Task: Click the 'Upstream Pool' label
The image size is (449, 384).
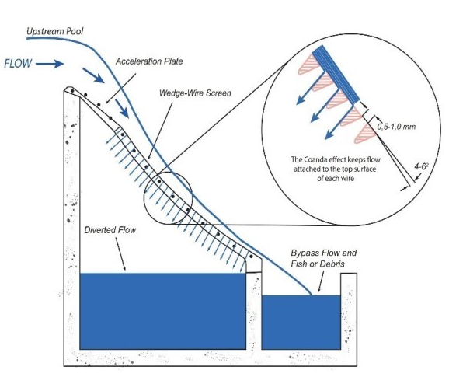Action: point(54,31)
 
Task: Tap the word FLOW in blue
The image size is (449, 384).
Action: point(18,63)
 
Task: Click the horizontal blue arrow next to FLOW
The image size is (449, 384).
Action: point(50,64)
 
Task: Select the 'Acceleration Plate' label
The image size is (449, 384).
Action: point(149,61)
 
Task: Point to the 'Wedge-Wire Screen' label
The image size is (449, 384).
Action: point(195,93)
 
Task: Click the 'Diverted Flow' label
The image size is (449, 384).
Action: point(110,230)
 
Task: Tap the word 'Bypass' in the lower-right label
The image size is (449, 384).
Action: point(305,253)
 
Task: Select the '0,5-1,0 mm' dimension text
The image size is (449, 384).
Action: point(396,127)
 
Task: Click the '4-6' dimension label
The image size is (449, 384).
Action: point(421,166)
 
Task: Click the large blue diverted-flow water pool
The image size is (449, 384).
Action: point(162,311)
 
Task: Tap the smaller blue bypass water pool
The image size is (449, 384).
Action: point(301,323)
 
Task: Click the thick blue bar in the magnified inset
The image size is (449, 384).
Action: point(336,74)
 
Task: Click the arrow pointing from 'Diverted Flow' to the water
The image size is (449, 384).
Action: point(120,254)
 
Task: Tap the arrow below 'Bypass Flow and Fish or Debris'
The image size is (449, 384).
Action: point(321,281)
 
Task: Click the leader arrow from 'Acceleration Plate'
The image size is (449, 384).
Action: point(120,88)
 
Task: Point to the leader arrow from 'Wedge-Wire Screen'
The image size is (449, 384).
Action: point(160,131)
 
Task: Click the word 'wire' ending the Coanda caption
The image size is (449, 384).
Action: point(347,178)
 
